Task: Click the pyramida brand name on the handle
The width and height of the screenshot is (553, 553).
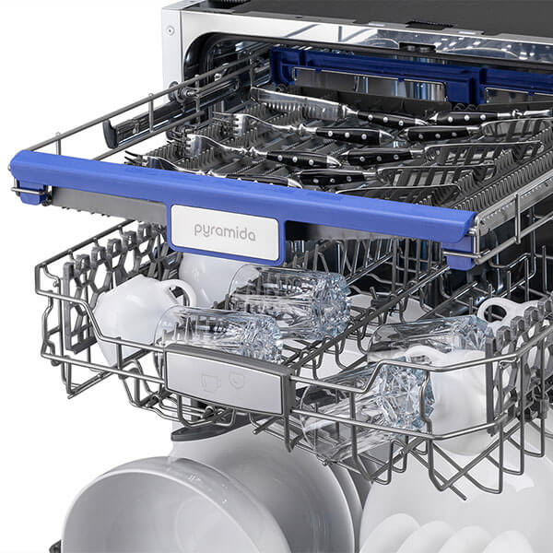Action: click(x=225, y=232)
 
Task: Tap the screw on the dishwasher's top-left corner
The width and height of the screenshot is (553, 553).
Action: click(x=171, y=30)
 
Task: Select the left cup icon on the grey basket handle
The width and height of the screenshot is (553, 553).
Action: click(x=210, y=382)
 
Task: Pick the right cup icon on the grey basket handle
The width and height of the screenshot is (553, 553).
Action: click(x=237, y=379)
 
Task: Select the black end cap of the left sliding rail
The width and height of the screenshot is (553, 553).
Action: click(x=110, y=135)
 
